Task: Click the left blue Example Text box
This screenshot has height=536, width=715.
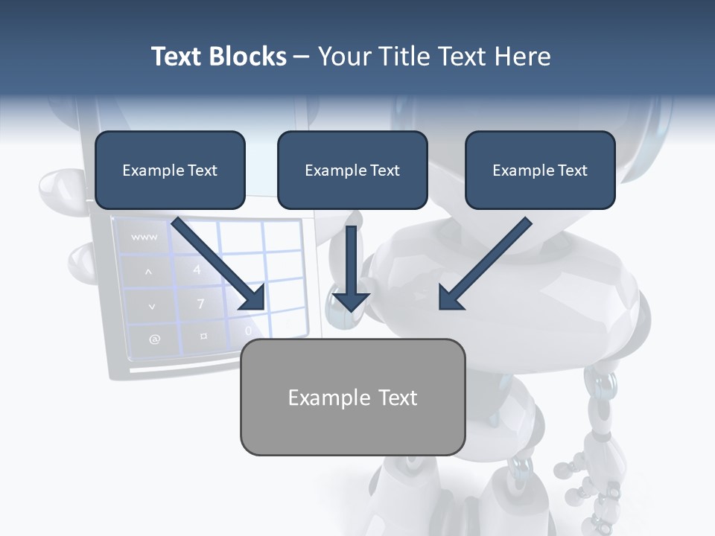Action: point(170,170)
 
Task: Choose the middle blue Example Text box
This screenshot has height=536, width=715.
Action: point(352,170)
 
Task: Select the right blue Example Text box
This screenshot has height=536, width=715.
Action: point(540,170)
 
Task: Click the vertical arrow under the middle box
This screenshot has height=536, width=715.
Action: point(351,272)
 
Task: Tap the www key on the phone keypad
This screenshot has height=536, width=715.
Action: point(144,237)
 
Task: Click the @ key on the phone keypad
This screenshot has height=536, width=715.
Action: point(154,339)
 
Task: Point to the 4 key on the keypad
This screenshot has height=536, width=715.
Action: point(197,269)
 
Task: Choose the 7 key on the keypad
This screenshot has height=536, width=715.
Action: point(200,304)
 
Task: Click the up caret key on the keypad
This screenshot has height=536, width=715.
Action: point(148,272)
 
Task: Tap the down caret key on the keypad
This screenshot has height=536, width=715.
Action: point(152,306)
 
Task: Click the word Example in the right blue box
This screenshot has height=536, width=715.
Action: point(518,170)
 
